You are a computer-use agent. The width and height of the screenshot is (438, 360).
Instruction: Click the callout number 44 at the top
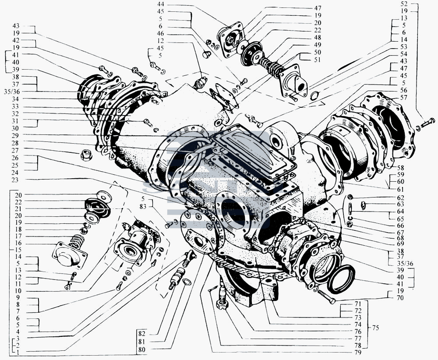click(160, 4)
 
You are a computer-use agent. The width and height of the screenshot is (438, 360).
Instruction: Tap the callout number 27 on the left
click(15, 150)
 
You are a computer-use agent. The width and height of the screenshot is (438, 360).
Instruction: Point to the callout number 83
click(143, 207)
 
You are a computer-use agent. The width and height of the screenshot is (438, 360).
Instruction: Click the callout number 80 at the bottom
click(142, 349)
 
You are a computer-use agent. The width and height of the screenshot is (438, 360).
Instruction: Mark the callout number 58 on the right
click(400, 168)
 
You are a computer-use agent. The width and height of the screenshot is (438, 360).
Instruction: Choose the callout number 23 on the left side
click(15, 180)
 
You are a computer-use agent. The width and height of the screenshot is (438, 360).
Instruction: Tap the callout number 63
click(400, 205)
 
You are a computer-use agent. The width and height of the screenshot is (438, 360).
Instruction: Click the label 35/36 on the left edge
click(12, 92)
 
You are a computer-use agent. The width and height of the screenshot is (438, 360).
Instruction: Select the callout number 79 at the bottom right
click(358, 353)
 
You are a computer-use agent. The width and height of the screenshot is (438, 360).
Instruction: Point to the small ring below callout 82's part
click(187, 282)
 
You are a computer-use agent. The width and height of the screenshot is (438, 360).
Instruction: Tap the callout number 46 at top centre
click(160, 34)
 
